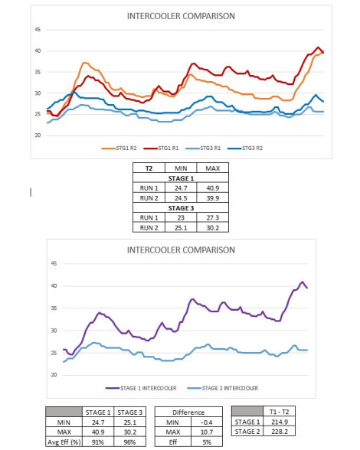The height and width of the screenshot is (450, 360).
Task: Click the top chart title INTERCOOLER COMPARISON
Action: [x=181, y=16]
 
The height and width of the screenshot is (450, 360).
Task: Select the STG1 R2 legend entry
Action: [x=119, y=148]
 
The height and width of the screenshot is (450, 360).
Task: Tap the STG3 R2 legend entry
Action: [x=245, y=148]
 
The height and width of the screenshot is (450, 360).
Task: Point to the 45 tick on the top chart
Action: [x=38, y=30]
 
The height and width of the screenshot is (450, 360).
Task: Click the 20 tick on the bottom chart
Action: [x=54, y=375]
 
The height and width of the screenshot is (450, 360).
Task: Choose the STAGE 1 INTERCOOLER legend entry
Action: [x=141, y=388]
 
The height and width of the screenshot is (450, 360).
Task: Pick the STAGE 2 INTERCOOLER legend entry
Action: [x=223, y=388]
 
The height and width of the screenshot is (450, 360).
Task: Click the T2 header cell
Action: [x=149, y=168]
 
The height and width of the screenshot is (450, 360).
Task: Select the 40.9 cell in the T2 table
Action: [x=213, y=188]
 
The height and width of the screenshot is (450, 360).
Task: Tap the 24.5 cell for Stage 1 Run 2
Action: [x=181, y=198]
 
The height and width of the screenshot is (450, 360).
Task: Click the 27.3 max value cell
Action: [x=213, y=218]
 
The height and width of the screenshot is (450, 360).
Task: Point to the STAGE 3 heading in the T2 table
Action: [x=181, y=208]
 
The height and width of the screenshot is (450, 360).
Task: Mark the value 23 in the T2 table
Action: [x=181, y=218]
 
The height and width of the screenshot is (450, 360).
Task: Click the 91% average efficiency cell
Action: [x=98, y=442]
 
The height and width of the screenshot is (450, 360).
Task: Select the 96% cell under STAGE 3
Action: [x=130, y=442]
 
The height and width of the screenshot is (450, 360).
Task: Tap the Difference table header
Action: [x=188, y=412]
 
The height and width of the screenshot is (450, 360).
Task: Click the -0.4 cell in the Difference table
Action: [x=207, y=422]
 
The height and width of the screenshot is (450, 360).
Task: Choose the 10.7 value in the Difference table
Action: [x=207, y=432]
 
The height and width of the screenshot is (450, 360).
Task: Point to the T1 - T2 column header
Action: [x=279, y=412]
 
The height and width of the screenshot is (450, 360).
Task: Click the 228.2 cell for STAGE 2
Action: [x=279, y=432]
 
